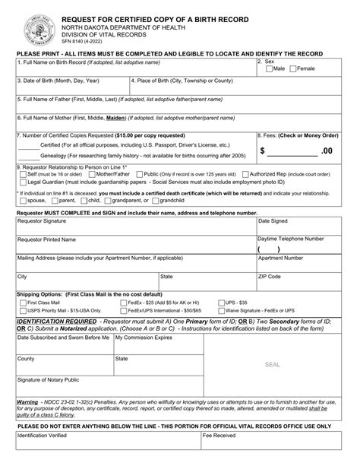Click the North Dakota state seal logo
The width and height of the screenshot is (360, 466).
pos(30,24)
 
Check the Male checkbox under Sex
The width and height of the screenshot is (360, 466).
pos(270,68)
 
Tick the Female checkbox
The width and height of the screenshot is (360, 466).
pos(293,68)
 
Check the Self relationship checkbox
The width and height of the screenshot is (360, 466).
pos(21,174)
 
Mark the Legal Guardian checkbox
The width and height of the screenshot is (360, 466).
pos(21,182)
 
